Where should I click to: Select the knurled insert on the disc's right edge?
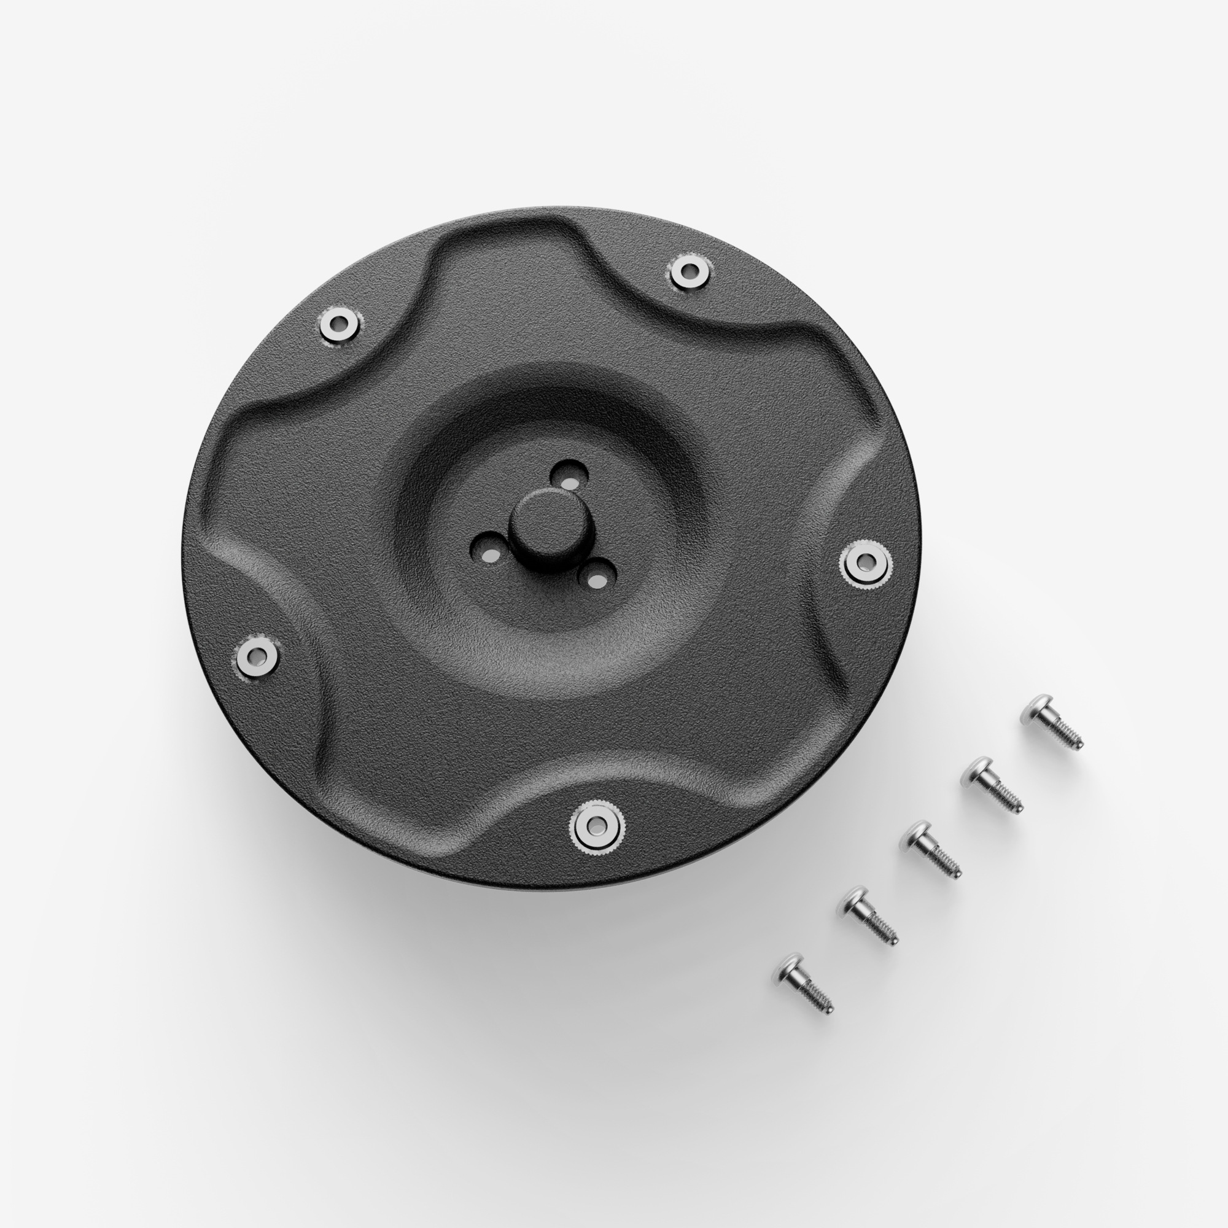(865, 562)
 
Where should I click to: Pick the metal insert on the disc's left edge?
(257, 656)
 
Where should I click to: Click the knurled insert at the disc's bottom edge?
(596, 825)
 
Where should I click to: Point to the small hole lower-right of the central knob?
(597, 577)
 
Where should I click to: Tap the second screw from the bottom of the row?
(868, 916)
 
